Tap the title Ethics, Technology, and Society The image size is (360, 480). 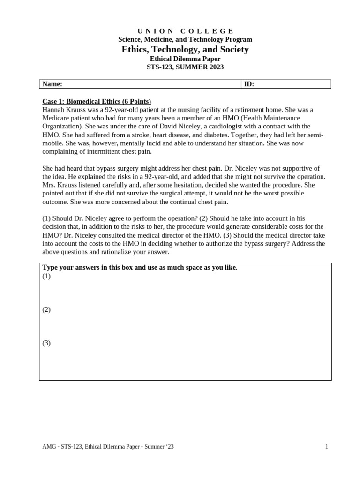[x=185, y=49]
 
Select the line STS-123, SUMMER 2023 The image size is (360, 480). [x=185, y=67]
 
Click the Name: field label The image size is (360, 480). [x=52, y=84]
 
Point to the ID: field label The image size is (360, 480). [x=249, y=84]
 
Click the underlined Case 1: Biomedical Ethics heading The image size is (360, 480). [x=97, y=101]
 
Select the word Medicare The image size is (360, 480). [x=56, y=118]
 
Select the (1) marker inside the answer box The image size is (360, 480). [x=46, y=276]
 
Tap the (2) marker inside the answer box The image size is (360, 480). [x=46, y=309]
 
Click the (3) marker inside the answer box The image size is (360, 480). [x=46, y=343]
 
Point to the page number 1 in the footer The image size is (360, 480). [x=327, y=447]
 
